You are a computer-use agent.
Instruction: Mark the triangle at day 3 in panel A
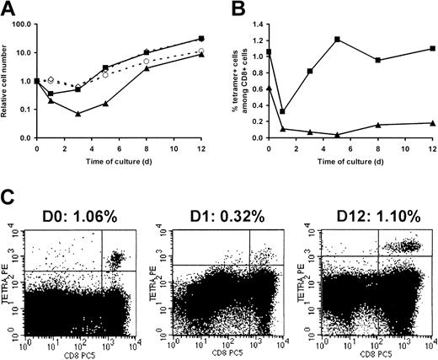pyautogui.click(x=77, y=113)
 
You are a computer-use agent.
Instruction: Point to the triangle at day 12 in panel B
pyautogui.click(x=430, y=123)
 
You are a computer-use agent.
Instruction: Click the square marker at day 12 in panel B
pyautogui.click(x=430, y=49)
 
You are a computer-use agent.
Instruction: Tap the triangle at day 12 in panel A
pyautogui.click(x=201, y=54)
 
